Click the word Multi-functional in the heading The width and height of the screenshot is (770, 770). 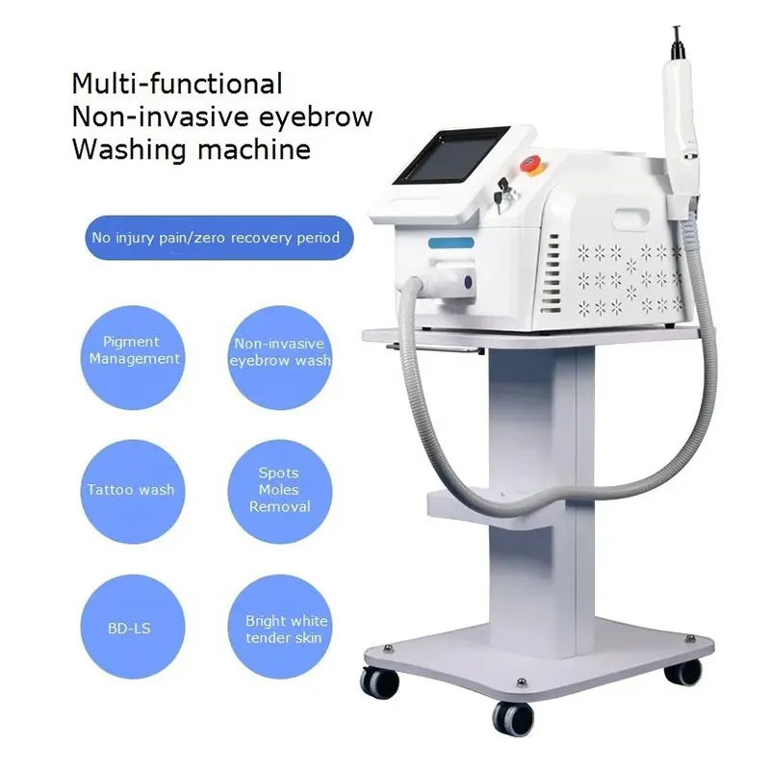point(177,84)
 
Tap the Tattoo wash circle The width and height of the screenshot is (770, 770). point(131,490)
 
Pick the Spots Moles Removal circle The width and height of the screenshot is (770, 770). point(279,489)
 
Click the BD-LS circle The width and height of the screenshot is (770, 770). point(131,629)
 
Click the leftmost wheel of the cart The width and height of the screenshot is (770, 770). point(380,682)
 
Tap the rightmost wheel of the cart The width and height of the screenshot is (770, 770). point(684,670)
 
